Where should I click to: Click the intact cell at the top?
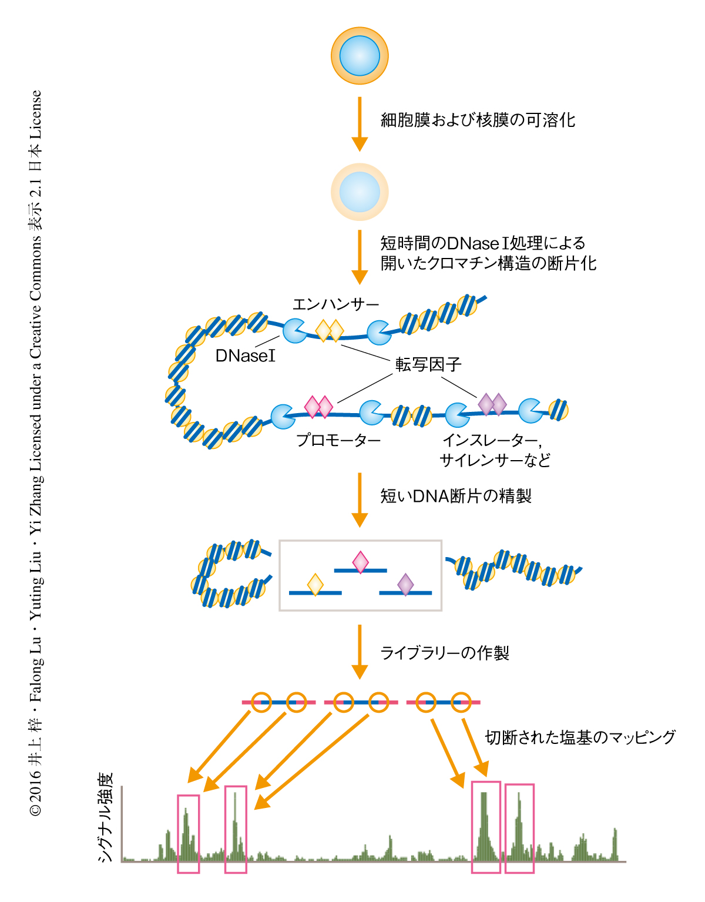[360, 56]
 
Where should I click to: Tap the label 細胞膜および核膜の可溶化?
[478, 120]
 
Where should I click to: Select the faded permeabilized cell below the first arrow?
[360, 192]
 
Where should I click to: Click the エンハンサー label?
[335, 304]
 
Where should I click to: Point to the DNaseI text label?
[245, 356]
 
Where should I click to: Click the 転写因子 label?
[428, 365]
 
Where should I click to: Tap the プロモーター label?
[338, 440]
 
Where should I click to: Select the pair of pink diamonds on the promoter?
[318, 407]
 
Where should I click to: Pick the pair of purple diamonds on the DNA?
[492, 404]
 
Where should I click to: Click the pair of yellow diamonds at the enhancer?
[329, 331]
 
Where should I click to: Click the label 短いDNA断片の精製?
[456, 497]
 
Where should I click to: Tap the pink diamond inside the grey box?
[360, 562]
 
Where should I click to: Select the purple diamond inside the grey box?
[405, 585]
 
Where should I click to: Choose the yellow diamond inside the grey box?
[315, 585]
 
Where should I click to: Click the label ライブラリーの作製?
[445, 653]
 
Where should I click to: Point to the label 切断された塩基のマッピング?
[580, 737]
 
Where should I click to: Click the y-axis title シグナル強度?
[106, 817]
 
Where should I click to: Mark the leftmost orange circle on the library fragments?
[261, 702]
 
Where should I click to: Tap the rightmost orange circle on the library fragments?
[461, 702]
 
